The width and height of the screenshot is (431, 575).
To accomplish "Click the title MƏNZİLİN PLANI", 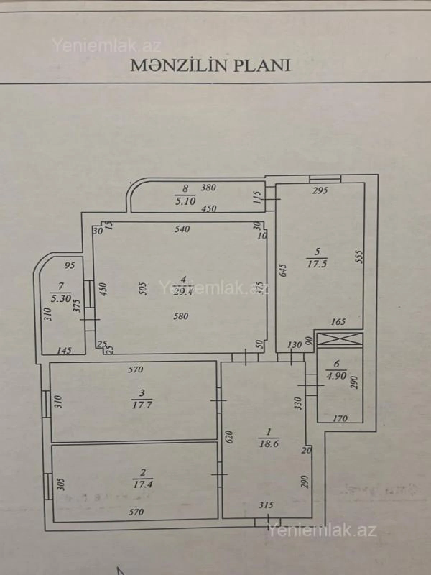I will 210,65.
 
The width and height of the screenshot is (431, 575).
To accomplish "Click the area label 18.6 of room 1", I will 269,443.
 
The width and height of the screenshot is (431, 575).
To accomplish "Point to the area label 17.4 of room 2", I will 143,484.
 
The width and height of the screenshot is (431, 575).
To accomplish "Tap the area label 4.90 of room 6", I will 336,376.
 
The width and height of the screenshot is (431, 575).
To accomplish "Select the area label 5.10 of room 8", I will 185,201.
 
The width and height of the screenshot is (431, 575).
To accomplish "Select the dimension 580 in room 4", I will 181,316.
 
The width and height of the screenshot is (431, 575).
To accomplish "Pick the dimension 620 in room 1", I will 230,437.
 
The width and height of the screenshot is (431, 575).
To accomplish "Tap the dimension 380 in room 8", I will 208,187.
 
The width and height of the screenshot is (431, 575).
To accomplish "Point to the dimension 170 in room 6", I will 340,418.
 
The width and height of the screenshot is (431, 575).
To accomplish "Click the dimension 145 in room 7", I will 64,350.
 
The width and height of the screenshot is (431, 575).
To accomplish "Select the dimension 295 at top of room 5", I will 320,190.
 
